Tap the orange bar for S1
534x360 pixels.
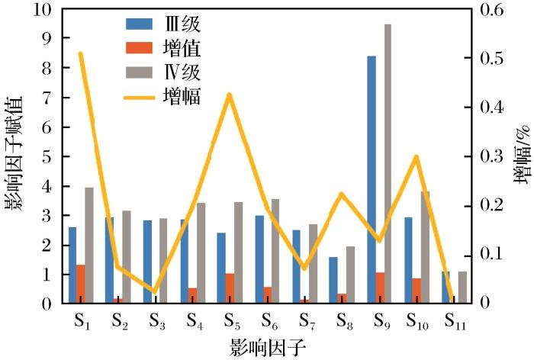(x=80, y=284)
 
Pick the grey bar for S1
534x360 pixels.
(x=89, y=245)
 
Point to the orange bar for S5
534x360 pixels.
(x=230, y=288)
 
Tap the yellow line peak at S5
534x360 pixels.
(x=230, y=95)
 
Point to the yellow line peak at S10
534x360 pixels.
(x=416, y=156)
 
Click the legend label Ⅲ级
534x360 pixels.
(x=182, y=24)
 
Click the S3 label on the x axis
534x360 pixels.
(x=154, y=320)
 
